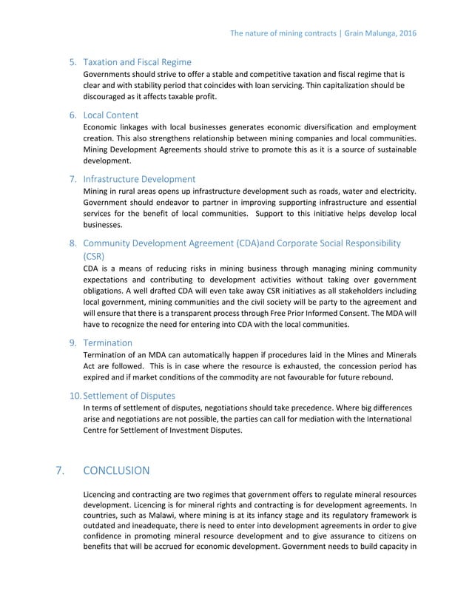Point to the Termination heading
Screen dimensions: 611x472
coord(108,343)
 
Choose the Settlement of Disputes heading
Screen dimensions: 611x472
coord(129,396)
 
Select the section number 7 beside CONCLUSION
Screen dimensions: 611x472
coord(60,470)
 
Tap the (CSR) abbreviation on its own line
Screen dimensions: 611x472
coord(94,256)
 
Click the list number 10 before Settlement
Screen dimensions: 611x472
coord(74,396)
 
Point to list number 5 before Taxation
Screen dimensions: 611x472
coord(73,62)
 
